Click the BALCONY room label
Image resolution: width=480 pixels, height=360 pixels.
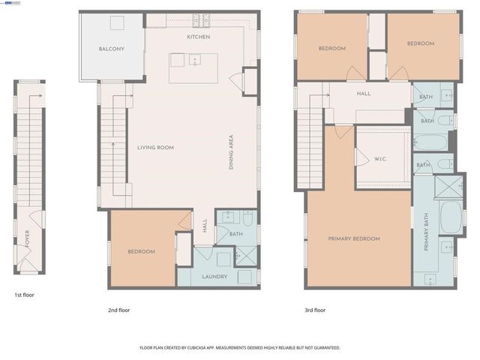click(x=111, y=49)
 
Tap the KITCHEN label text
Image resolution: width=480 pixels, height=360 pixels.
click(x=199, y=37)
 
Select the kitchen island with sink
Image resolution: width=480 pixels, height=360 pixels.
click(x=191, y=68)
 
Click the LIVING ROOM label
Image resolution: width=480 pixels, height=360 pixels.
click(x=155, y=148)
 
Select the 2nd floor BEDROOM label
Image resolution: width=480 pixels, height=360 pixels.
click(x=141, y=252)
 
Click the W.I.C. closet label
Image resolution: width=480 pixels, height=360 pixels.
click(x=379, y=160)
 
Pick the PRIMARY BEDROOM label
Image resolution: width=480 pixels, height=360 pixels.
click(x=354, y=238)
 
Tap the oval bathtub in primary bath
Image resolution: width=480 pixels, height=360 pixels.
click(x=451, y=216)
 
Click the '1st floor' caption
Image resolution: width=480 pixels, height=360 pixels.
click(x=24, y=295)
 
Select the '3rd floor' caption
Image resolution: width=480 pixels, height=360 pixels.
click(x=315, y=310)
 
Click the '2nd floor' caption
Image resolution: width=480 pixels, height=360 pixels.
click(x=119, y=310)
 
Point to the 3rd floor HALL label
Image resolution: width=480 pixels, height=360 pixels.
click(x=364, y=94)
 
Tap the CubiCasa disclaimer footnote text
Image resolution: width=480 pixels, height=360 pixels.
click(x=240, y=348)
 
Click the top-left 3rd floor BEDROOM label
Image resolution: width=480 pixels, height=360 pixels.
click(x=331, y=49)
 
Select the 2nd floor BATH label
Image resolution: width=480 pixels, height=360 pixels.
click(x=236, y=234)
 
